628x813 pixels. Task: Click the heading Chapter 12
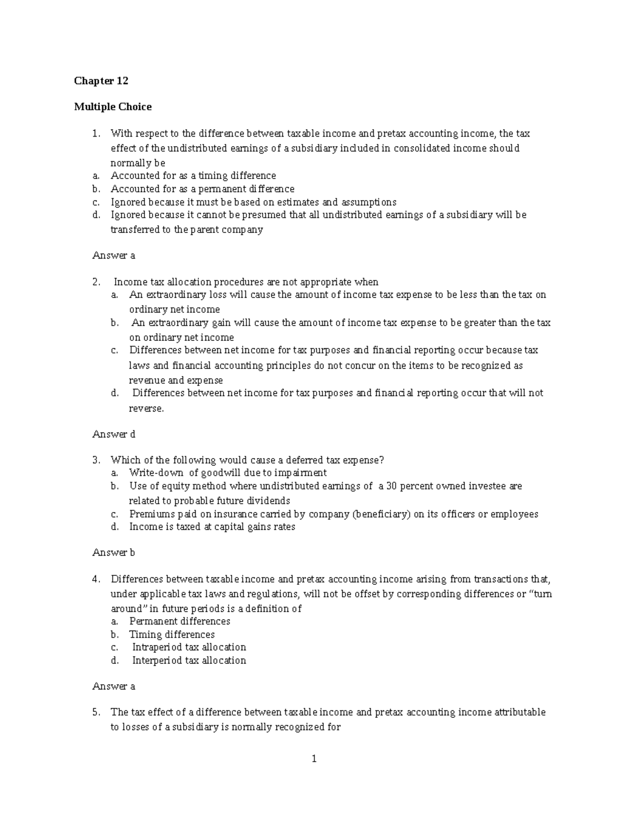point(101,81)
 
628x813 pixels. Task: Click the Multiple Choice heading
point(113,107)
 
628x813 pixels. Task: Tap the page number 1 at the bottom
point(314,759)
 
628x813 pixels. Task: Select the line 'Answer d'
point(114,434)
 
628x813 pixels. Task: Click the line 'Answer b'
point(114,552)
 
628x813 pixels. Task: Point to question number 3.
point(96,460)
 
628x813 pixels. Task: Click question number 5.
point(96,712)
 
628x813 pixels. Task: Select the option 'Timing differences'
point(172,634)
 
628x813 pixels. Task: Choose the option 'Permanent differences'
point(180,621)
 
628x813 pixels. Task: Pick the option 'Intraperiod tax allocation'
point(189,647)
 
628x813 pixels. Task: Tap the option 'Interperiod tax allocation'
point(189,660)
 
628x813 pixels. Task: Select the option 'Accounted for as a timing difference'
point(193,175)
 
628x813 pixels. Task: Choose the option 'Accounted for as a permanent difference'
point(203,188)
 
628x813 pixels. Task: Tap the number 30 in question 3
point(392,486)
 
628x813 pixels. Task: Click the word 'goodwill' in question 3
point(211,473)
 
